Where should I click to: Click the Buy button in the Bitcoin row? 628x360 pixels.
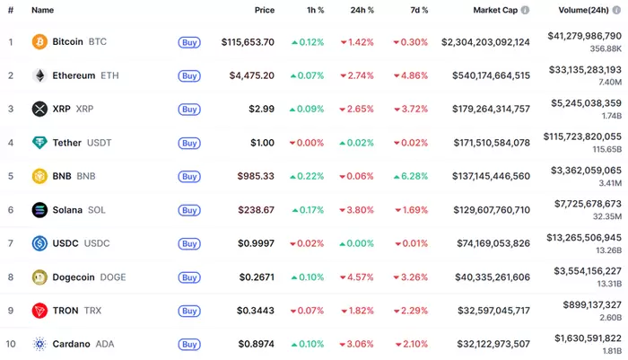(x=188, y=42)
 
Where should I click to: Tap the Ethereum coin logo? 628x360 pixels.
(x=39, y=75)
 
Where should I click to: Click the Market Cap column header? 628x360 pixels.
(x=494, y=10)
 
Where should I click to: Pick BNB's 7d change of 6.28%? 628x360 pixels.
(x=411, y=176)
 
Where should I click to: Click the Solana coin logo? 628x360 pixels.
(x=39, y=210)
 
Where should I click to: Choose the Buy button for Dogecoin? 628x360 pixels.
(x=188, y=277)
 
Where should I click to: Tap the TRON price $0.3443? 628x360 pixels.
(x=255, y=311)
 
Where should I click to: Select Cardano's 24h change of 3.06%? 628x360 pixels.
(x=357, y=344)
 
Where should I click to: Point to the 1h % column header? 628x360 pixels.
(x=315, y=10)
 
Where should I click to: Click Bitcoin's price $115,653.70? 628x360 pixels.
(x=248, y=42)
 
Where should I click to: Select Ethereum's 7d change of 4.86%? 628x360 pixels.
(x=411, y=75)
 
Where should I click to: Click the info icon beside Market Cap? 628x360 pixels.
(x=525, y=10)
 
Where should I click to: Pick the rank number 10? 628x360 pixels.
(x=11, y=344)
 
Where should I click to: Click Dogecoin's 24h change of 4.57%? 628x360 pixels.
(x=357, y=277)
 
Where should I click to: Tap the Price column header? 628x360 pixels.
(x=264, y=10)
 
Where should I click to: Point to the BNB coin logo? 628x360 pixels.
(x=39, y=176)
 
